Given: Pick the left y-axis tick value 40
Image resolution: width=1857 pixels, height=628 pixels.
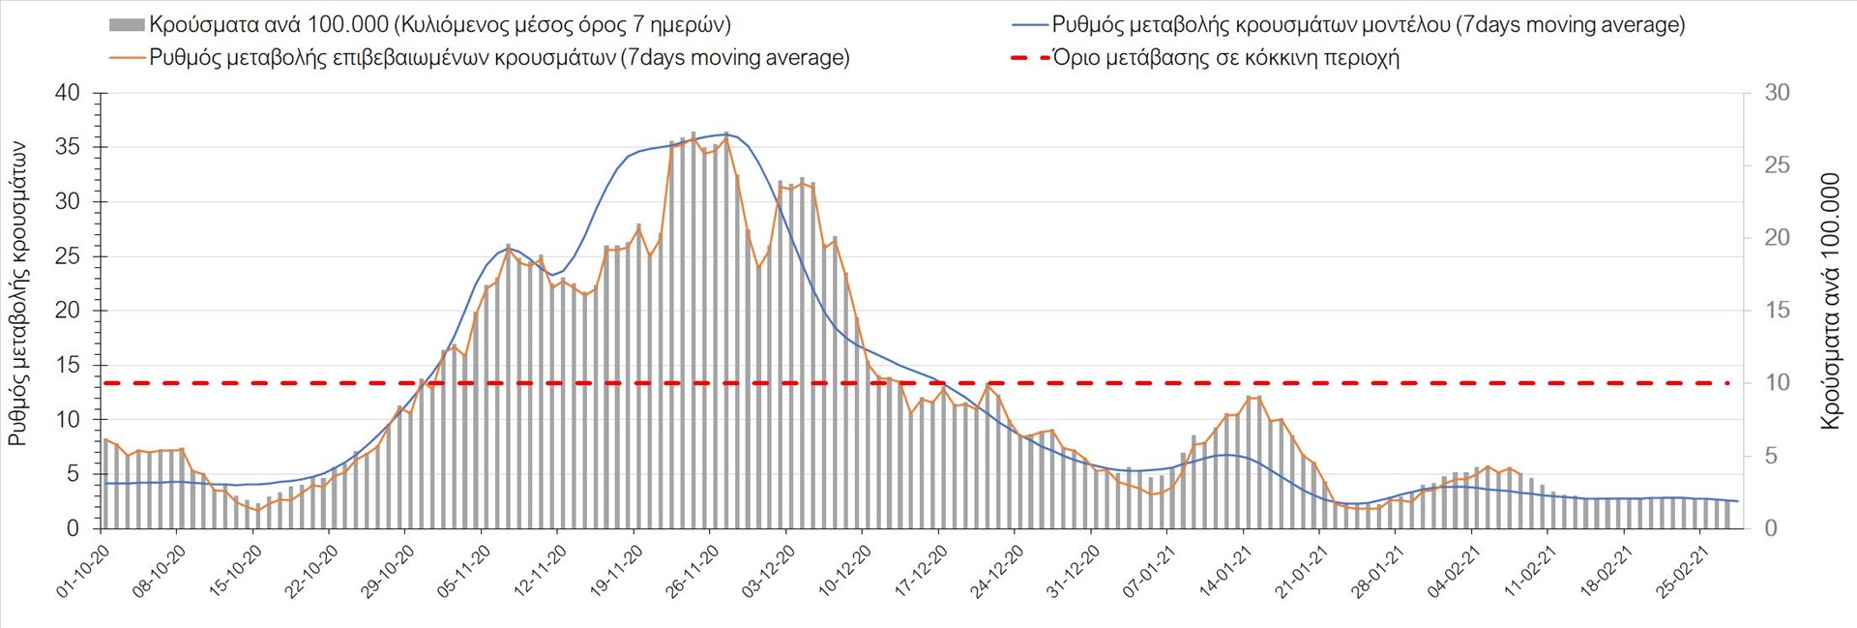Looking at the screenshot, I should coord(68,93).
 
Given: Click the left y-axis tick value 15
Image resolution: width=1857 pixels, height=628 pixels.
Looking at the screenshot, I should coord(68,365).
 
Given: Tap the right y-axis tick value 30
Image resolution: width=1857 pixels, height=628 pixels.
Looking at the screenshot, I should coord(1777,93).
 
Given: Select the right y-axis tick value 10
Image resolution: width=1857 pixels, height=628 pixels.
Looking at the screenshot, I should coord(1777,382).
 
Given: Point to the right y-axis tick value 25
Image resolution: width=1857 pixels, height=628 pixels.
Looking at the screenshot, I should coord(1777,165).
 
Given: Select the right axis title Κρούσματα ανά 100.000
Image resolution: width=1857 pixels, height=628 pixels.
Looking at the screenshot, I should coord(1830,301).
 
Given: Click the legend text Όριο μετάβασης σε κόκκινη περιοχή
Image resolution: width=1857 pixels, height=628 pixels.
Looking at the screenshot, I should coord(1225,58).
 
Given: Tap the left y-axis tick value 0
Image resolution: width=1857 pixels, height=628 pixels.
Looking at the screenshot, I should coord(74,528).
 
